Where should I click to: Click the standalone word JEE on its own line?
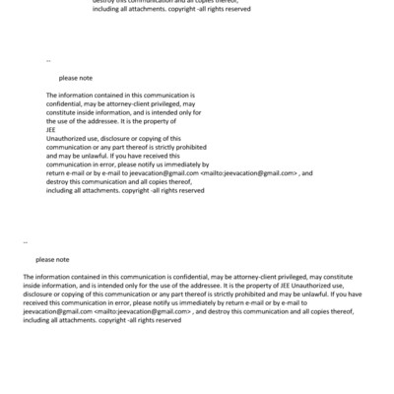[51, 129]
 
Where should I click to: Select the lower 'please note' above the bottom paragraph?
[52, 259]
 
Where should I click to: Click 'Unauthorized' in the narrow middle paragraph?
[67, 136]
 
